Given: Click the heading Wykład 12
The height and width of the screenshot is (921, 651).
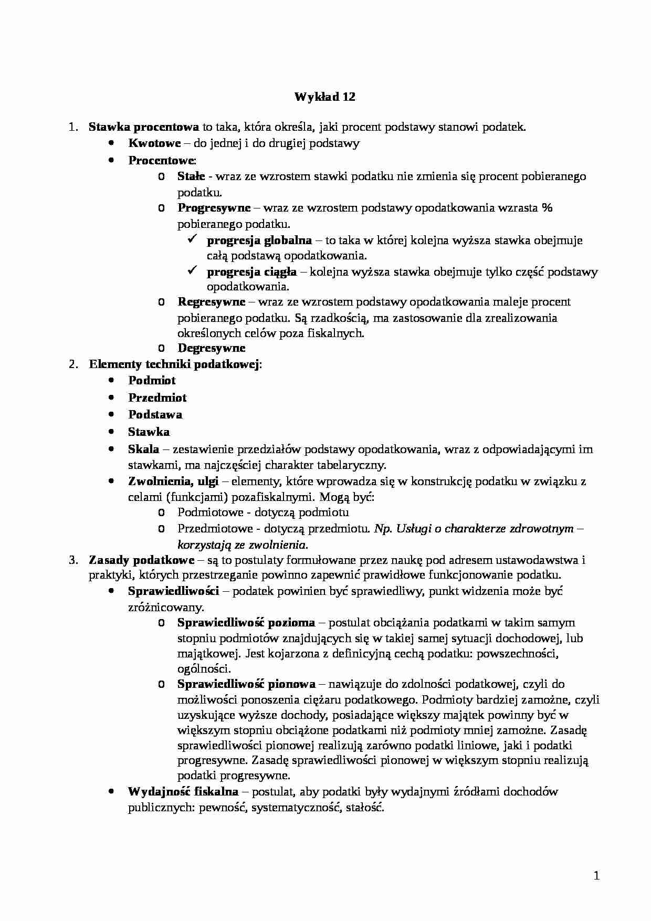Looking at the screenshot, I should coord(324,97).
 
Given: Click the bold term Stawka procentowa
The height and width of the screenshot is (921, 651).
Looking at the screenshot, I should coord(143,127).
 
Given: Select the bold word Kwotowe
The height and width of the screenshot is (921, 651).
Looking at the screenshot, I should coord(154,143).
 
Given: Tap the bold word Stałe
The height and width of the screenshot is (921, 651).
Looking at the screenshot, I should coord(191,176).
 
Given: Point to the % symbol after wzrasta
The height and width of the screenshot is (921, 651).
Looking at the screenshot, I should coord(547,208).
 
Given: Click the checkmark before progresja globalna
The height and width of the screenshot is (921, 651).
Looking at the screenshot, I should coord(192,240).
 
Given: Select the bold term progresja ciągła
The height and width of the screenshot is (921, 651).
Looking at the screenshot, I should coord(251,272).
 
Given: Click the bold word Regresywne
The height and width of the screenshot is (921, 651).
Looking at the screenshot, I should coord(211,302).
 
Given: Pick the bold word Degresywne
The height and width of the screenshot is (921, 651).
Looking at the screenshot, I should coord(211,348).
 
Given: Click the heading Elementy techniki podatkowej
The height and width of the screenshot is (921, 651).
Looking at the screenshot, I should coord(174,364).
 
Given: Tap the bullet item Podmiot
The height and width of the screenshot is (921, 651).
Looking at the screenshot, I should coord(152,381).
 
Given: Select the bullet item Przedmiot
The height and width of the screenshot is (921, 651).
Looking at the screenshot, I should coord(157,398).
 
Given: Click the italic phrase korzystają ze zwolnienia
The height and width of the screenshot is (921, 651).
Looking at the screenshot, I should coord(243,545).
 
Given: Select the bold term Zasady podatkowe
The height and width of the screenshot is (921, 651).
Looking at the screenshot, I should coord(142,560).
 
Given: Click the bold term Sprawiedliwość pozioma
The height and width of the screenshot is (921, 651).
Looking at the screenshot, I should coord(246,623).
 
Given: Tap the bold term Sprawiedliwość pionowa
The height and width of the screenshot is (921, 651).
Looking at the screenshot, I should coord(246,684).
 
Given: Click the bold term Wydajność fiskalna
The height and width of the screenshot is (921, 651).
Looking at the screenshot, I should coord(183,792).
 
